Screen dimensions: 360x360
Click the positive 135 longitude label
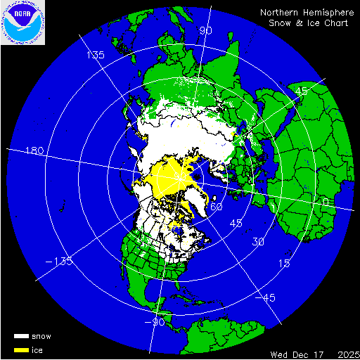coord(95,55)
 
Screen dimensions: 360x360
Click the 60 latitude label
coord(217,207)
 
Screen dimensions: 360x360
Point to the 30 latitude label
coord(259,242)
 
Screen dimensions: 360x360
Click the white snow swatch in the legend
coord(22,337)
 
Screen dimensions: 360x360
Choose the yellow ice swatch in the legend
coord(22,349)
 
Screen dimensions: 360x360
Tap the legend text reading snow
coord(41,337)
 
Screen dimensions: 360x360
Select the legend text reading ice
coord(38,349)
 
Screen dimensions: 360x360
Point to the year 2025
coord(345,352)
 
